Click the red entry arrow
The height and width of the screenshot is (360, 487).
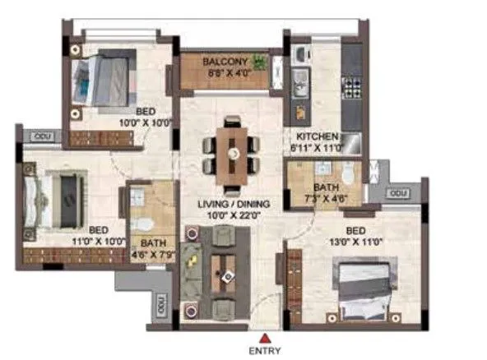point(263,336)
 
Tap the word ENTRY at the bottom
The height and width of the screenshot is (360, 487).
point(263,350)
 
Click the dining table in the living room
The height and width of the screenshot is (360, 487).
point(233,152)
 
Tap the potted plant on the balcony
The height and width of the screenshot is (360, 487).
point(260,62)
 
